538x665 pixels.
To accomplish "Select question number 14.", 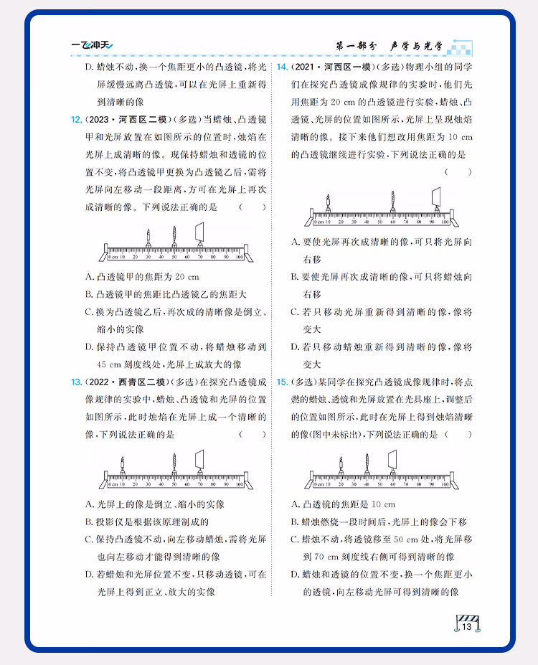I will coord(283,67).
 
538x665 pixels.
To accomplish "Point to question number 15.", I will coord(283,381).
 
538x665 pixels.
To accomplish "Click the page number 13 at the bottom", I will coord(466,628).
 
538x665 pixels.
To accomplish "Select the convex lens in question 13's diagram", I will coord(174,463).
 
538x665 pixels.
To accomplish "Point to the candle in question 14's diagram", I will coord(328,201).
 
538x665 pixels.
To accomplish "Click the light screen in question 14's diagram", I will coord(436,197).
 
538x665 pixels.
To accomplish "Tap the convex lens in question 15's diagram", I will coord(365,461).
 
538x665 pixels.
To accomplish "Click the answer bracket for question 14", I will coord(458,172).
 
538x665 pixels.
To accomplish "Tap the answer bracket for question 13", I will coord(252,434).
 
